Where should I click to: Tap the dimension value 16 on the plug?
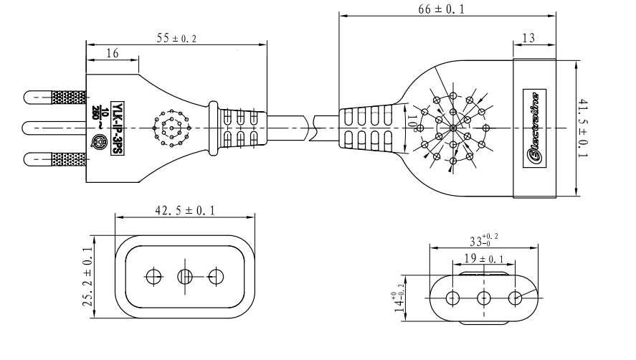[x=112, y=53]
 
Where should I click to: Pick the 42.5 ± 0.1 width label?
[x=186, y=209]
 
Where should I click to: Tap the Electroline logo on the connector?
[x=534, y=128]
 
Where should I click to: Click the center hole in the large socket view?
[x=185, y=276]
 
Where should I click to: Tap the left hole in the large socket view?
[x=153, y=276]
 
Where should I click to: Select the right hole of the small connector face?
[x=515, y=297]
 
